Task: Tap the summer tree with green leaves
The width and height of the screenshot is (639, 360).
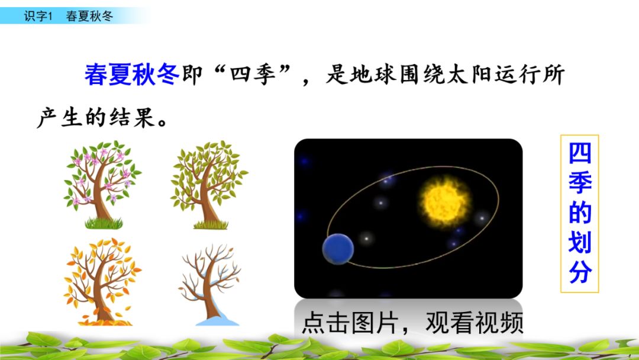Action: tap(209, 181)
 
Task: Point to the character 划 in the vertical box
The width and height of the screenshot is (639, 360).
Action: tap(580, 243)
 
